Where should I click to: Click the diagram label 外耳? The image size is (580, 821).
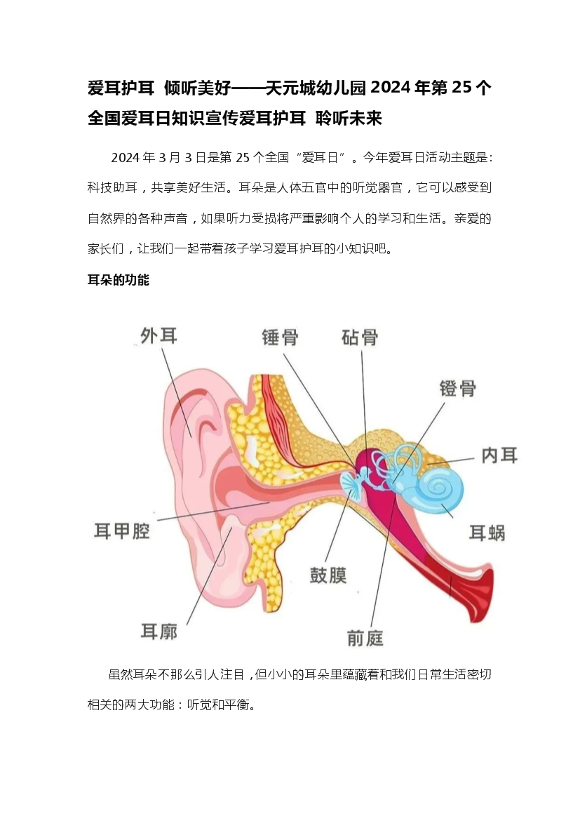[x=159, y=335]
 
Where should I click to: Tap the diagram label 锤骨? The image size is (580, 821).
[x=281, y=337]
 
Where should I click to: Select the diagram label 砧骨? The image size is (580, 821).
[x=360, y=337]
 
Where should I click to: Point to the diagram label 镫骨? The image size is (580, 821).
[x=457, y=388]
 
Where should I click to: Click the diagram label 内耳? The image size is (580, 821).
[x=499, y=455]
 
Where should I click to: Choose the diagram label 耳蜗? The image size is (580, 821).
[x=487, y=533]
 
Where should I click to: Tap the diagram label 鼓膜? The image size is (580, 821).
[x=328, y=575]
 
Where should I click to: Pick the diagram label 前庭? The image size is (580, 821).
[x=365, y=638]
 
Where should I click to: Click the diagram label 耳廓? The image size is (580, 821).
[x=159, y=631]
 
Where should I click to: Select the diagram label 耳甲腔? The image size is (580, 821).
[x=122, y=531]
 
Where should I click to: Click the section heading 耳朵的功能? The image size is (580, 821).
[x=119, y=280]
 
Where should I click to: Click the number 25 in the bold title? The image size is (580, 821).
[x=461, y=88]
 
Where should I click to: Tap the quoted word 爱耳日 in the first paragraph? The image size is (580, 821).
[x=320, y=157]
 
